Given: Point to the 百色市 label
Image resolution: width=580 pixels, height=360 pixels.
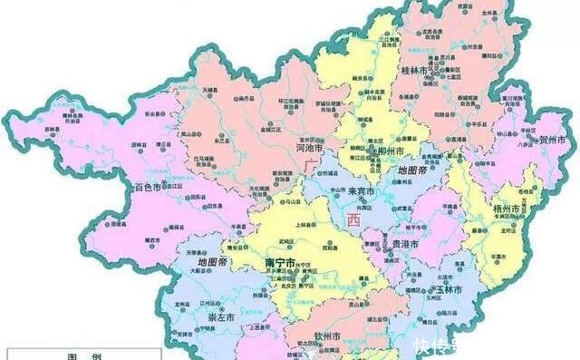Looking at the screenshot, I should coord(148,187).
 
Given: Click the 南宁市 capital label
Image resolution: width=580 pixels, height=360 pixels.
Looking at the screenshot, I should coord(281,262).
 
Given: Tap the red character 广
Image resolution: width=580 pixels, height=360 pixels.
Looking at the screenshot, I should coord(311,164).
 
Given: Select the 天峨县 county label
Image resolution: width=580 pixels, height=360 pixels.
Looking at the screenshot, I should coord(211,92).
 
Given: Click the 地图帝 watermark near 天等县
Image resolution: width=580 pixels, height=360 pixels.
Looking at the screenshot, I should coord(213,262).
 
